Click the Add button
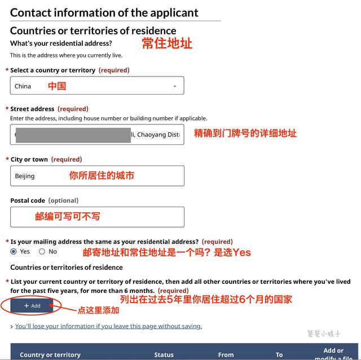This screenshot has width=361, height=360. click(x=32, y=306)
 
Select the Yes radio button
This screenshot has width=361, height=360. click(x=14, y=252)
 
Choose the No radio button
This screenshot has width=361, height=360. click(x=42, y=252)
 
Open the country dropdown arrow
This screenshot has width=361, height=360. click(x=175, y=86)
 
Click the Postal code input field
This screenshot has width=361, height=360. click(x=97, y=217)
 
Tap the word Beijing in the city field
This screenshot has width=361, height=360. click(x=25, y=176)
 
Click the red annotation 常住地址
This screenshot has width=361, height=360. click(x=167, y=43)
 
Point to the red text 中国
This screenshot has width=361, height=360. click(x=57, y=86)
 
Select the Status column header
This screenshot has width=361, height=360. click(x=164, y=355)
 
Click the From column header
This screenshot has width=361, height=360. click(x=226, y=355)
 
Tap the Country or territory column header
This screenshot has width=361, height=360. click(x=50, y=355)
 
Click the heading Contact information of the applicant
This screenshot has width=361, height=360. click(x=104, y=12)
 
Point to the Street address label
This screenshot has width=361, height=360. click(x=32, y=109)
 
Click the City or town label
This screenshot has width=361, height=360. click(x=29, y=159)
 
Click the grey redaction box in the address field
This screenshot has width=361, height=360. click(x=73, y=135)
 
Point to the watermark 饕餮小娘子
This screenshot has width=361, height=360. click(x=323, y=334)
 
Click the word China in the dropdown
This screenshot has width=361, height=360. click(x=23, y=86)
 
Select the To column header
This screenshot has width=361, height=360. click(x=279, y=355)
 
